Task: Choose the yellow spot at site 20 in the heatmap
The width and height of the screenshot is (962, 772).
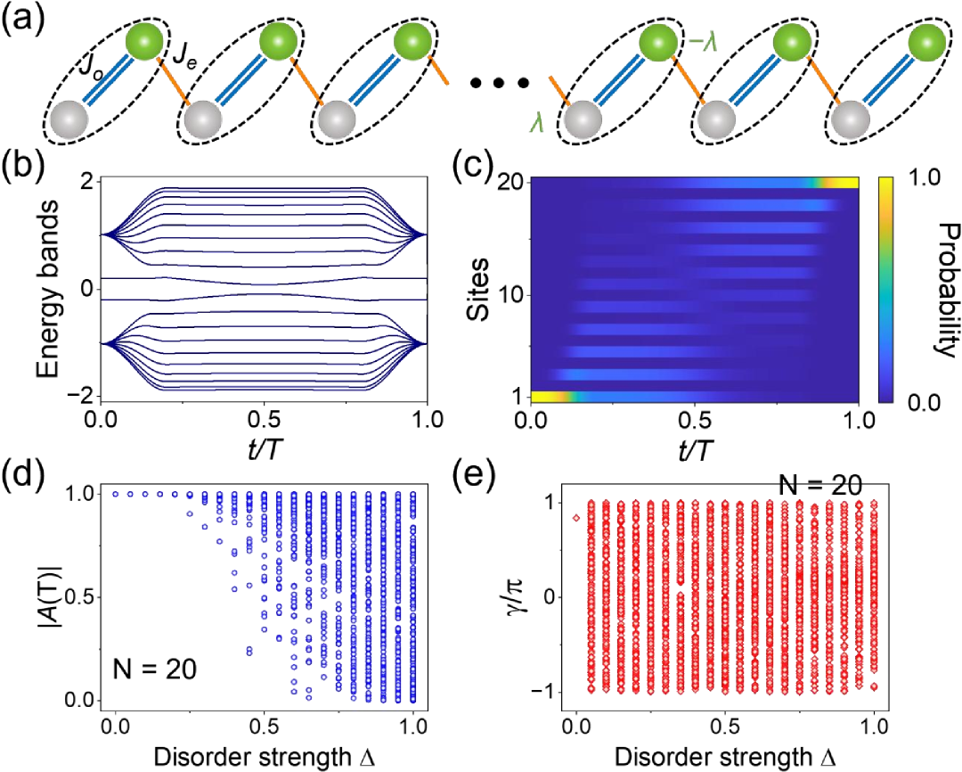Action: click(x=842, y=183)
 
